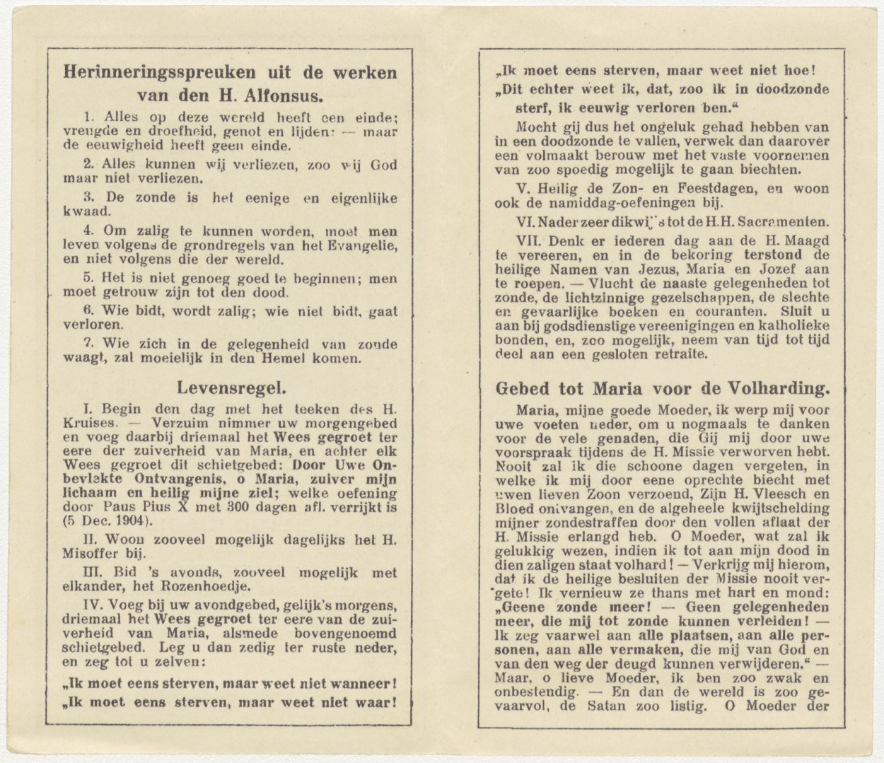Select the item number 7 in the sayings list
[87, 344]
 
